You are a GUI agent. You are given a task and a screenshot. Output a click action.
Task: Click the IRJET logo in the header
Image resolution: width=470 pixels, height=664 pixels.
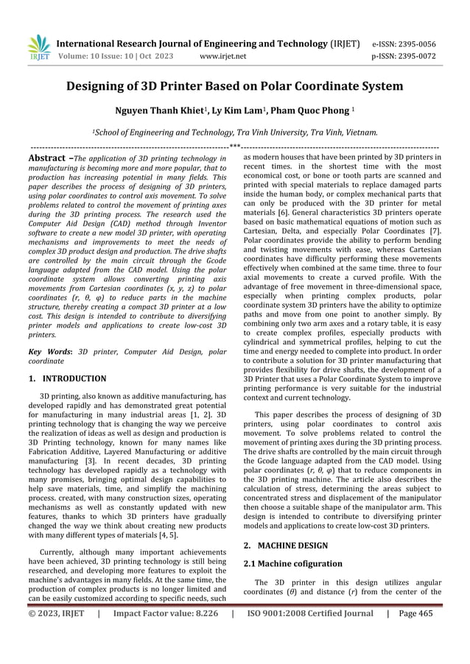(38, 46)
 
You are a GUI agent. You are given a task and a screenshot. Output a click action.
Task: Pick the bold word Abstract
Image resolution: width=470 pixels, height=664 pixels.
(48, 158)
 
